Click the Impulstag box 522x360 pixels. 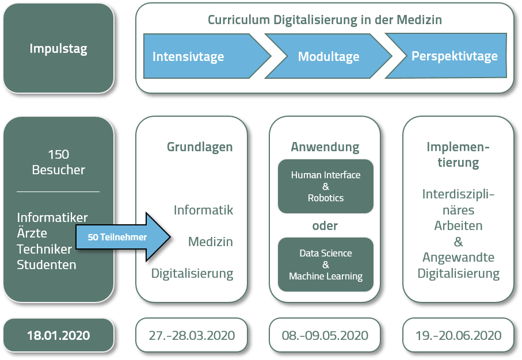point(58,48)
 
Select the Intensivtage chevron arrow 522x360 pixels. point(196,56)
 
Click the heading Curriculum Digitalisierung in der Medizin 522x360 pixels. point(325,20)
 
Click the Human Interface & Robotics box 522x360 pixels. point(325,186)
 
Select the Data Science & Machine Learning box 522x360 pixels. point(325,265)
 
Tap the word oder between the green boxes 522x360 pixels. point(325,225)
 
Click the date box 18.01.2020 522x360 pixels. point(58,335)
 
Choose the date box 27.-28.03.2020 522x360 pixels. point(192,335)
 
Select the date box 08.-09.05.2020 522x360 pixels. point(325,335)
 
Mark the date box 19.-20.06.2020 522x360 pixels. point(458,335)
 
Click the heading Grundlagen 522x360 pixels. point(200,147)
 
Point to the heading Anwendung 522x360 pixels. point(325,147)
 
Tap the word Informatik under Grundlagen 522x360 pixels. point(203,210)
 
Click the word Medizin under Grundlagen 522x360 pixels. point(210,242)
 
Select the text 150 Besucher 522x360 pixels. point(58,162)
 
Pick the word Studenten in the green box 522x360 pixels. point(47,265)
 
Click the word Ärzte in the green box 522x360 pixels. point(32,233)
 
